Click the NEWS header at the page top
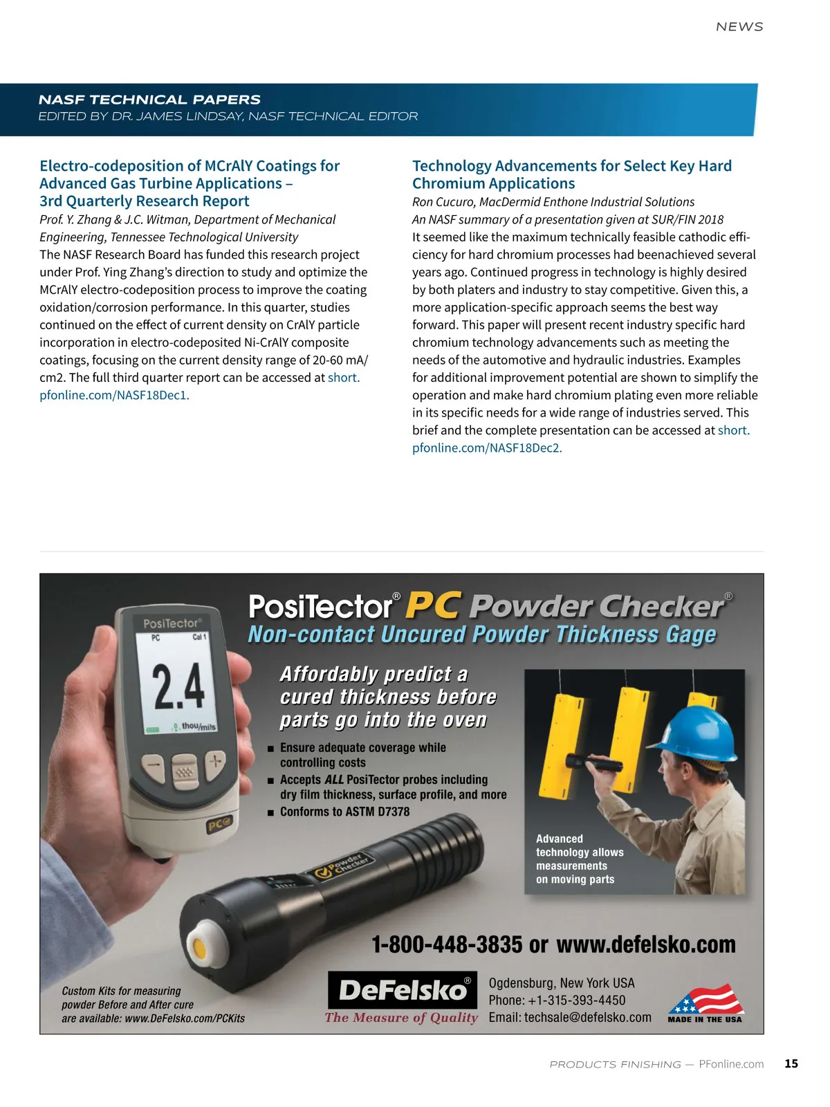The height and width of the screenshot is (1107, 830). pos(739,27)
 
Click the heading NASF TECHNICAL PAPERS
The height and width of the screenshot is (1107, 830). pos(149,100)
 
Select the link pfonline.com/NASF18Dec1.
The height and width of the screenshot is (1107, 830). pos(114,395)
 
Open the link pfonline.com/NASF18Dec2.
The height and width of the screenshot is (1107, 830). pos(487,448)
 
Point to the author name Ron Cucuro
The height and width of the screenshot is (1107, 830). pos(443,202)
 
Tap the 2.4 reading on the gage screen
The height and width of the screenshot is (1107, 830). pos(178,686)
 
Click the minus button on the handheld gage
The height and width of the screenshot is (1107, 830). pos(154,766)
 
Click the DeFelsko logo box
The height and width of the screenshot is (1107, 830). pos(402,990)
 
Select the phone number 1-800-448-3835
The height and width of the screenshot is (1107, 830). pos(447,944)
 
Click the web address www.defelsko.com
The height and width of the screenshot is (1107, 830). pos(646,944)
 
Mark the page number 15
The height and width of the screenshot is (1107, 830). pos(791,1064)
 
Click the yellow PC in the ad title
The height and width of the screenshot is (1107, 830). pos(432,605)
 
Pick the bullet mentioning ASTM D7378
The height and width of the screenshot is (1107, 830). pos(344,812)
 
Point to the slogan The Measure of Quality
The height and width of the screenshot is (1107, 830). pos(401,1018)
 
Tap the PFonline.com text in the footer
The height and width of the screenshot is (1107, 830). pos(731,1064)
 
